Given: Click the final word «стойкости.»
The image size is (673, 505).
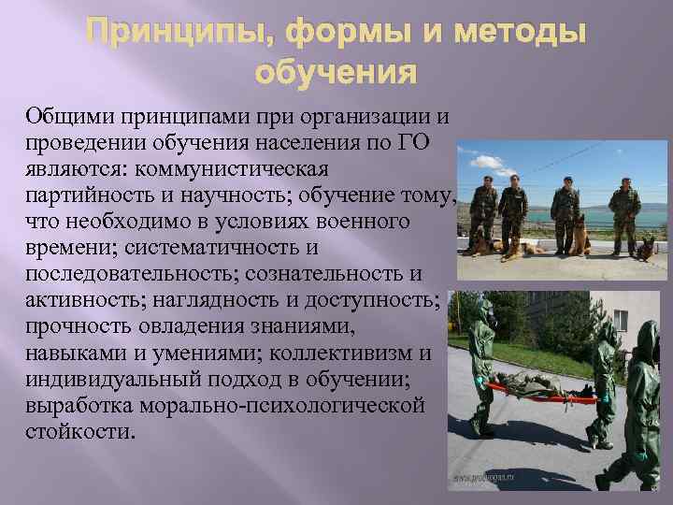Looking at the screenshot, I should click(x=80, y=432).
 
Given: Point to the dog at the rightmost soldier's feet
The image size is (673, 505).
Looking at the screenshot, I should click(x=645, y=247).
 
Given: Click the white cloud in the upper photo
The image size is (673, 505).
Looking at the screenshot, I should click(x=523, y=154).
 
